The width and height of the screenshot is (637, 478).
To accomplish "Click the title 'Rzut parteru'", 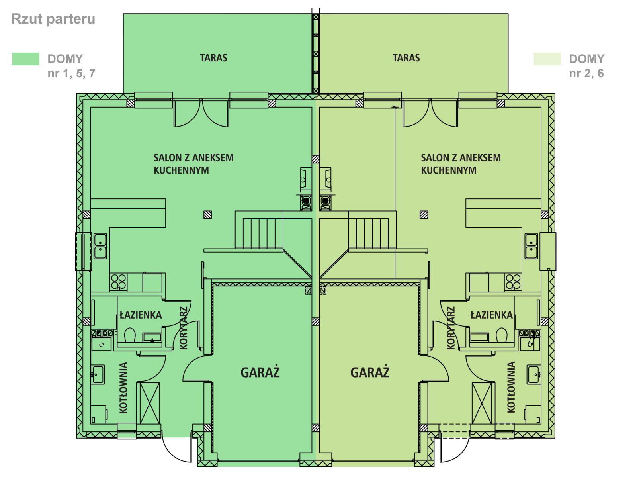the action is point(53,19).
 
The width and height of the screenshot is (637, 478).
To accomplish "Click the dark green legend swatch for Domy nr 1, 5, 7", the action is point(26,59).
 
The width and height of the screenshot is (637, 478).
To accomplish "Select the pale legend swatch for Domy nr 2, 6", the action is point(547,59).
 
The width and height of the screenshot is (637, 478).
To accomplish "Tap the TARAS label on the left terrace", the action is point(213,58).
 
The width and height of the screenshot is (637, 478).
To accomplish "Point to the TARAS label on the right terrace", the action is point(406,58).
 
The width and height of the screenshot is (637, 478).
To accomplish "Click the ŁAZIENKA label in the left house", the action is point(141,315).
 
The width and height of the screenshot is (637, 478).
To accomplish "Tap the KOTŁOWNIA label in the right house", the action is point(511,387).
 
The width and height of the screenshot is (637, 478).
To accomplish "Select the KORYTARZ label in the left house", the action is point(184,328).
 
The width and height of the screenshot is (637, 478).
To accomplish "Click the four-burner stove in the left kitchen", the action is point(118,282).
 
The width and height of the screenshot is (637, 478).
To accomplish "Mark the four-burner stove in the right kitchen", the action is point(513,282).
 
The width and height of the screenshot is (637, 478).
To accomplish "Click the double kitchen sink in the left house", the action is point(100,246).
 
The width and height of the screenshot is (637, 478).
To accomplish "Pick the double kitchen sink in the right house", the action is point(531,246).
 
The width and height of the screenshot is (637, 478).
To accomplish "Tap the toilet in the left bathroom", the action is point(130,335).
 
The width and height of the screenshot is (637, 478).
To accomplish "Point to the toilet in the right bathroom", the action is point(502,335).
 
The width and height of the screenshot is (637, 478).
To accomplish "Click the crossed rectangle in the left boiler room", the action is point(150,403).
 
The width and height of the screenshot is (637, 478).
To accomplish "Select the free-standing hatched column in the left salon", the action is point(207,215).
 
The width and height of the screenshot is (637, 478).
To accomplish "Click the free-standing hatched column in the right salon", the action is point(424,215).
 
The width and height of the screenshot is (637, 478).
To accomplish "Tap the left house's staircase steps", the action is point(263,233).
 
